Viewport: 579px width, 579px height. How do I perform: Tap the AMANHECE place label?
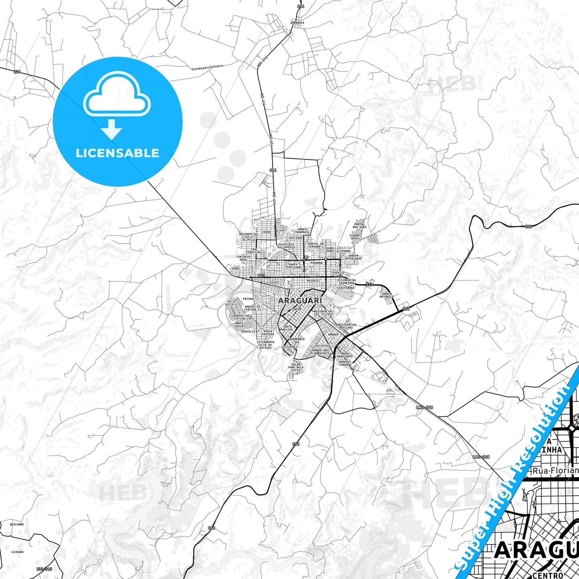[x=298, y=23]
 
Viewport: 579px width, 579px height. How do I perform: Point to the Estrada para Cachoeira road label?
[x=207, y=67]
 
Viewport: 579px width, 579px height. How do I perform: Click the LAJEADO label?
[x=17, y=552]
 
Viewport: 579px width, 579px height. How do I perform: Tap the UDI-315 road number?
[x=44, y=569]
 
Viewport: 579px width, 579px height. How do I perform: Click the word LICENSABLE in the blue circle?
[x=117, y=153]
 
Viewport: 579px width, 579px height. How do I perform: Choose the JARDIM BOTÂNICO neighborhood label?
[x=387, y=295]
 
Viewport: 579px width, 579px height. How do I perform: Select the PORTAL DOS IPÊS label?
[x=359, y=226]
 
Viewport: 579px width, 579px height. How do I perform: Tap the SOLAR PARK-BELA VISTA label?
[x=296, y=367]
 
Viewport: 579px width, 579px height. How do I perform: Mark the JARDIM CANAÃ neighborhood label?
[x=344, y=363]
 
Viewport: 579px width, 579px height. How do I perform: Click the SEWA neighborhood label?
[x=235, y=268]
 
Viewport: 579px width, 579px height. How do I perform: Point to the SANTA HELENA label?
[x=288, y=328]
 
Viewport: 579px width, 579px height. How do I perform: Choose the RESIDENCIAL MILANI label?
[x=347, y=326]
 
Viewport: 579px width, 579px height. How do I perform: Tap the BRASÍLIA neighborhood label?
[x=248, y=331]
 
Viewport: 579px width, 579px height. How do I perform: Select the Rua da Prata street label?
[x=327, y=257]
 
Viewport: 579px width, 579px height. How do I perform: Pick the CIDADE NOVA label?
[x=355, y=237]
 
